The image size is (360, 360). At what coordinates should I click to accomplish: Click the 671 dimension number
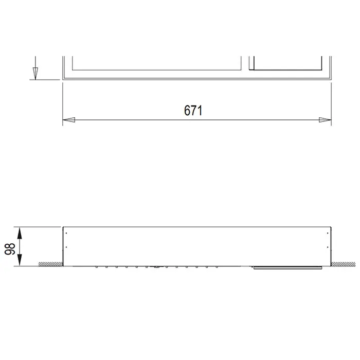(193, 111)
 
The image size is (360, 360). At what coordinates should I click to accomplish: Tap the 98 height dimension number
(10, 249)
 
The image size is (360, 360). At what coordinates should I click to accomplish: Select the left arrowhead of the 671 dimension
(68, 120)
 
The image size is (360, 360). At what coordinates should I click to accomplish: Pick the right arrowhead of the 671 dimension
(325, 120)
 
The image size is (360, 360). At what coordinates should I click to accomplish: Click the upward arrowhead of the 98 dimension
(20, 233)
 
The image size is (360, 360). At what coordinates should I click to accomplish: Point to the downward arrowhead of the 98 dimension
(20, 260)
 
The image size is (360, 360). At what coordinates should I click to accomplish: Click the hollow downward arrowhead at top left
(35, 74)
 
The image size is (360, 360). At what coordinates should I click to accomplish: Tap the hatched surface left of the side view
(51, 264)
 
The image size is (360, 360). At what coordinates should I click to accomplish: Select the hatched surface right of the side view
(343, 264)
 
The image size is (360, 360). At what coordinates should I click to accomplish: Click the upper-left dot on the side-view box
(66, 233)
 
